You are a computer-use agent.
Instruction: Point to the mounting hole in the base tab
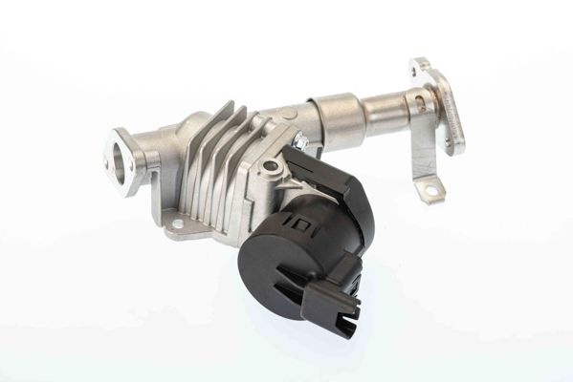coord(176,226)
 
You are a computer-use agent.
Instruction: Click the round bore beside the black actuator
coord(272,167)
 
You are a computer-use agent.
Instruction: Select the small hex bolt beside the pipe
coord(300,143)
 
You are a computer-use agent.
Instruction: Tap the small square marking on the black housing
coord(303,226)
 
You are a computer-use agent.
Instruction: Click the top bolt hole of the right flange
coord(417,67)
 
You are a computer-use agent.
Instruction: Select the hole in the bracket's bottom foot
coord(430,192)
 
